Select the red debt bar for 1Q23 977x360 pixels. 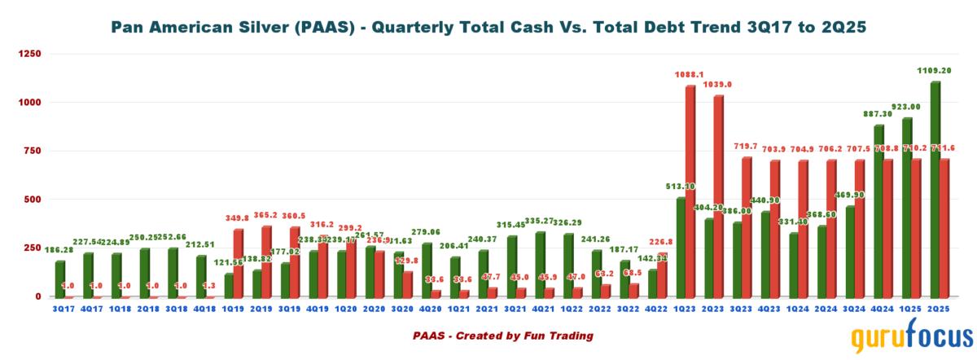pyautogui.click(x=690, y=191)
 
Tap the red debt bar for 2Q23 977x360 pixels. pyautogui.click(x=717, y=195)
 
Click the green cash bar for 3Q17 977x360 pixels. pyautogui.click(x=60, y=279)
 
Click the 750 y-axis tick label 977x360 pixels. pyautogui.click(x=31, y=151)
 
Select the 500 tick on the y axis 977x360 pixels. pyautogui.click(x=31, y=200)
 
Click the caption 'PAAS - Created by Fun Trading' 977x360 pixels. pyautogui.click(x=502, y=335)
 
